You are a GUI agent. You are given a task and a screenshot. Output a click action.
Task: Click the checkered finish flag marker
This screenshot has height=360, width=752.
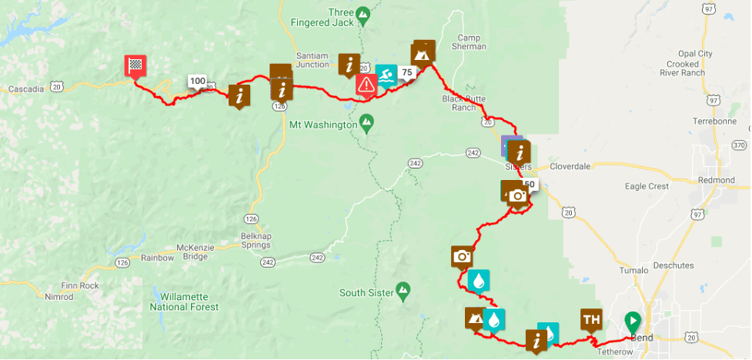click(x=136, y=66)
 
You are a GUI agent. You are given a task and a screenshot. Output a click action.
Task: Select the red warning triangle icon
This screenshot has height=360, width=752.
click(x=366, y=84)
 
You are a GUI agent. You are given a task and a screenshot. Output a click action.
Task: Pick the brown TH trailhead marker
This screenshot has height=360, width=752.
click(x=591, y=319)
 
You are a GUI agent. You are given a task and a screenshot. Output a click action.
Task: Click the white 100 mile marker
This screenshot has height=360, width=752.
click(x=197, y=81)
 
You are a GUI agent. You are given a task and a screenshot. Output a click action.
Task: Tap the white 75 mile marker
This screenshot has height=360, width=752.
click(x=407, y=72)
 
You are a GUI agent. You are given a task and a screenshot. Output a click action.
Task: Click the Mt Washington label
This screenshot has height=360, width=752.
click(x=322, y=124)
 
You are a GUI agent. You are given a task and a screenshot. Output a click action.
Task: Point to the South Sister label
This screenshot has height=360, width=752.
click(x=367, y=292)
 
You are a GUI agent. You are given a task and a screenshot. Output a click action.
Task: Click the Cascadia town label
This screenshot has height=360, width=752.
click(x=26, y=89)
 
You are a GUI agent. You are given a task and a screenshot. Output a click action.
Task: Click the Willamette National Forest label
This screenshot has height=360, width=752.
click(x=189, y=302)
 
